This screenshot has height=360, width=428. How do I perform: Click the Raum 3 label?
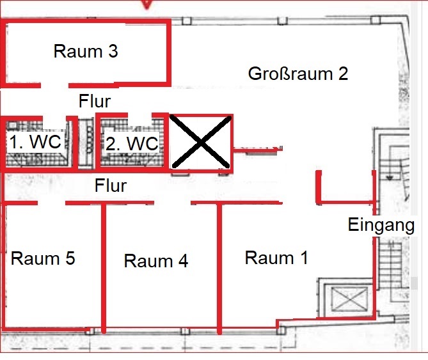[85, 51]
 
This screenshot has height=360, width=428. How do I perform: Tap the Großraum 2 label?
[297, 73]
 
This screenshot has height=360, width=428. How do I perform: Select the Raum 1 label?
[276, 258]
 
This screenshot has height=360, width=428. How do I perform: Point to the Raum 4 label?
[156, 261]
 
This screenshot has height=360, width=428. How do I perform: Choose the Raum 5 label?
[43, 258]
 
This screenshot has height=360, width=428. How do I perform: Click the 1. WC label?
[35, 142]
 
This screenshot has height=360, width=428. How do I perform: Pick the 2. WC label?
[131, 144]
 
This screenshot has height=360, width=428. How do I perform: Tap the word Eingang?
[381, 225]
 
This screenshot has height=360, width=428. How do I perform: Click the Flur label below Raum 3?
[95, 100]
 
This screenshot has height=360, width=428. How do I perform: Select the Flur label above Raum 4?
[110, 186]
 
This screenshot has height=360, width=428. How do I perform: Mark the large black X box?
[201, 141]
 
